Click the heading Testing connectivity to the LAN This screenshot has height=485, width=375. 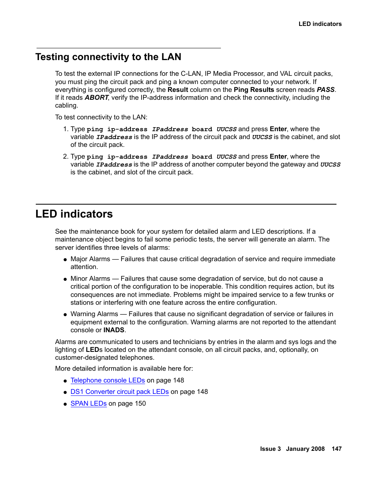click(x=108, y=57)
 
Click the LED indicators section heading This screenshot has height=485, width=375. click(x=74, y=214)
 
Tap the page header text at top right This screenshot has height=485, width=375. click(x=320, y=24)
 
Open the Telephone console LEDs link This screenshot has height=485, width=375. click(x=107, y=380)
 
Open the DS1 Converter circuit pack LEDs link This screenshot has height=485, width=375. click(x=119, y=392)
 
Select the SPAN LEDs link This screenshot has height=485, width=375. click(x=88, y=403)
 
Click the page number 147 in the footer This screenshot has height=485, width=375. click(x=336, y=449)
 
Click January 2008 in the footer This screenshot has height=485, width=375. click(x=305, y=449)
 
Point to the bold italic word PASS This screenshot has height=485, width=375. click(x=325, y=90)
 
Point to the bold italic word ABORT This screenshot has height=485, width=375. click(x=96, y=97)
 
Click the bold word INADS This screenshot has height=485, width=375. click(x=114, y=330)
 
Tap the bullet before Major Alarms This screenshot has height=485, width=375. click(x=65, y=260)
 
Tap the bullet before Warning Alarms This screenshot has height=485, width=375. click(x=65, y=315)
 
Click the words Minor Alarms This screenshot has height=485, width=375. click(x=90, y=278)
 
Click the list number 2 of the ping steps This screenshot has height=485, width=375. click(x=65, y=156)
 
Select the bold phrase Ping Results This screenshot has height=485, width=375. click(x=254, y=90)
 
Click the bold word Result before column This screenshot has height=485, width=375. click(x=178, y=90)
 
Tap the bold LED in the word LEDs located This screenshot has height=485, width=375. click(x=92, y=350)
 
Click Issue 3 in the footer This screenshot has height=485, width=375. click(x=270, y=449)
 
